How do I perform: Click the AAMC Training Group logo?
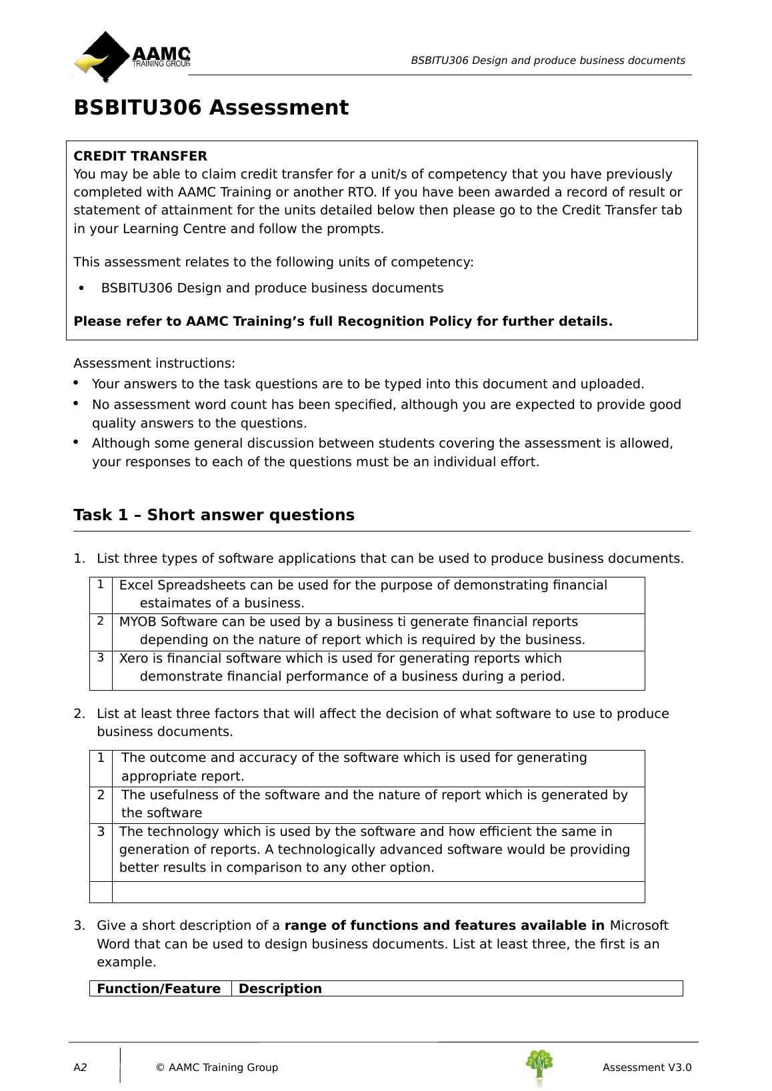[132, 57]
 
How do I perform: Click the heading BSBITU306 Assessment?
[211, 108]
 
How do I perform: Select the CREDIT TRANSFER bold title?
[140, 157]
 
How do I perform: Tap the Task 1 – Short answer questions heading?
[213, 516]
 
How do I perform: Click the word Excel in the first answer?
[135, 585]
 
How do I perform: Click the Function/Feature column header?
[159, 989]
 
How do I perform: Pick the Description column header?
[280, 989]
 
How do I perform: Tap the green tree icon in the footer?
[539, 1066]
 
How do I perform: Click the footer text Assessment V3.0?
[647, 1068]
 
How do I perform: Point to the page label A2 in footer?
[80, 1068]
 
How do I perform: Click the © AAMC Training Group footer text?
[217, 1068]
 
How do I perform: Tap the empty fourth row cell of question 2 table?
[378, 893]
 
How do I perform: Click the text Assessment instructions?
[154, 364]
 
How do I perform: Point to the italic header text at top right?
[547, 61]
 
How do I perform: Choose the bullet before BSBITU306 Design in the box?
[82, 288]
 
